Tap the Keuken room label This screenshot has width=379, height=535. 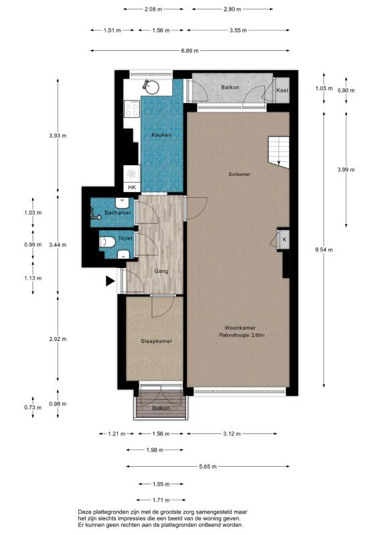click(x=161, y=135)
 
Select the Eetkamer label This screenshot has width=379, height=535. click(x=239, y=174)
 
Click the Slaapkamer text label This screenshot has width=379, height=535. click(x=156, y=341)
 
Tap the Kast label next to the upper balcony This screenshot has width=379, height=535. click(x=282, y=90)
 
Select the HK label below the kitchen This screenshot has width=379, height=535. click(x=132, y=187)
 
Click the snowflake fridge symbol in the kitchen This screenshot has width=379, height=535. click(x=131, y=174)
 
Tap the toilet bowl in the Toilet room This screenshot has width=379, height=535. click(x=104, y=241)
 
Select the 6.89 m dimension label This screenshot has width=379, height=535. click(x=189, y=51)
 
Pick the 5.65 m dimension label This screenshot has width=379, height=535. click(x=208, y=467)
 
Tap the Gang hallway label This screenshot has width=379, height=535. click(x=161, y=272)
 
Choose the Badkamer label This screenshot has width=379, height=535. click(x=118, y=212)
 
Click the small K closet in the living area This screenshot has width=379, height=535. click(x=284, y=239)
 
